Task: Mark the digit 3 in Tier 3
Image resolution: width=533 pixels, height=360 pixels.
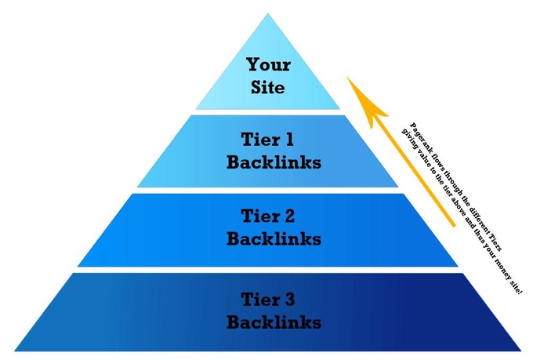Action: [x=289, y=299]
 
